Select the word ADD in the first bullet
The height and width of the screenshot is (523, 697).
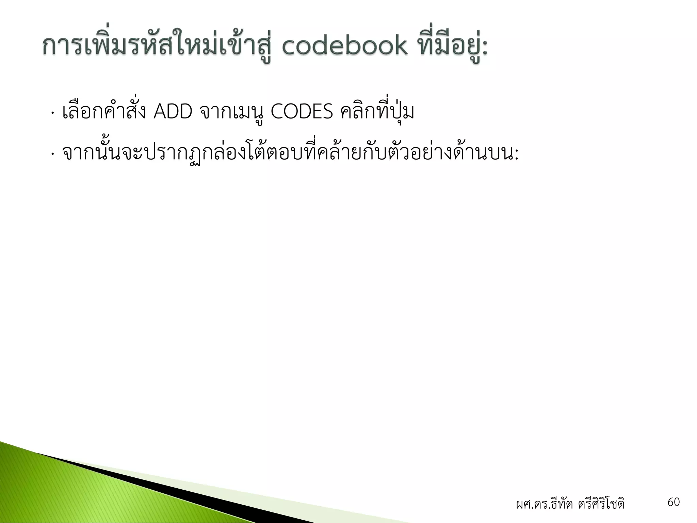[173, 112]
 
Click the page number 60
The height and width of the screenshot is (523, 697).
[674, 502]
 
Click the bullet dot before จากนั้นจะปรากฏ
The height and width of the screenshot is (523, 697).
[52, 155]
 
